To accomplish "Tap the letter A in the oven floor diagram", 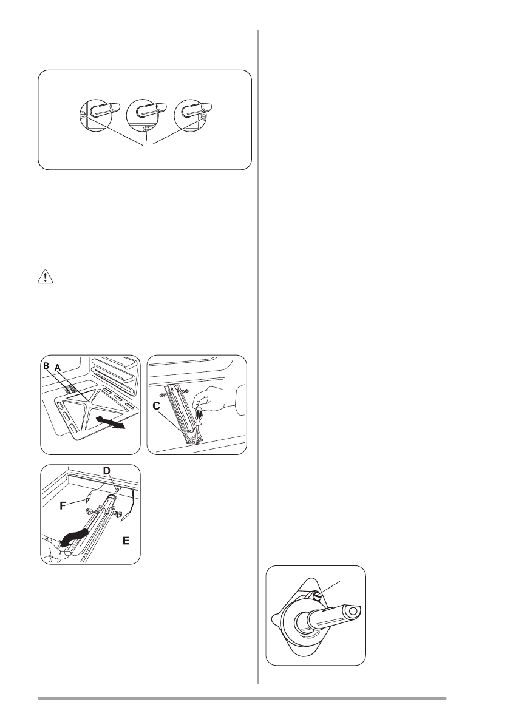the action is [58, 368].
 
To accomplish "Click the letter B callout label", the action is [46, 366].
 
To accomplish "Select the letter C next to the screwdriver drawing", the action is [156, 407].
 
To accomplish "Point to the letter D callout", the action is [106, 471].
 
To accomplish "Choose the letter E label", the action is [126, 541].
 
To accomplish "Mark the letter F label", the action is [64, 506].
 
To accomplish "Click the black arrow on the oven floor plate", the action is [110, 422].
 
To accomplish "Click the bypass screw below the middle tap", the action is [146, 129].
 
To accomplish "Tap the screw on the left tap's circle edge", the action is [82, 115].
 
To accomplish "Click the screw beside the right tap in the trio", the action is [203, 118].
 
